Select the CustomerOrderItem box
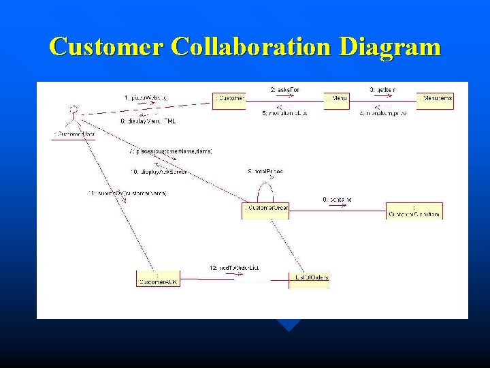(x=414, y=211)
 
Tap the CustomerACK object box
(x=158, y=279)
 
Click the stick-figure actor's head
(x=74, y=108)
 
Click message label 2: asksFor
(x=286, y=89)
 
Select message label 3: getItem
(x=382, y=89)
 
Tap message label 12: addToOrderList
(x=235, y=268)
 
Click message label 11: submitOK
(x=128, y=193)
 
